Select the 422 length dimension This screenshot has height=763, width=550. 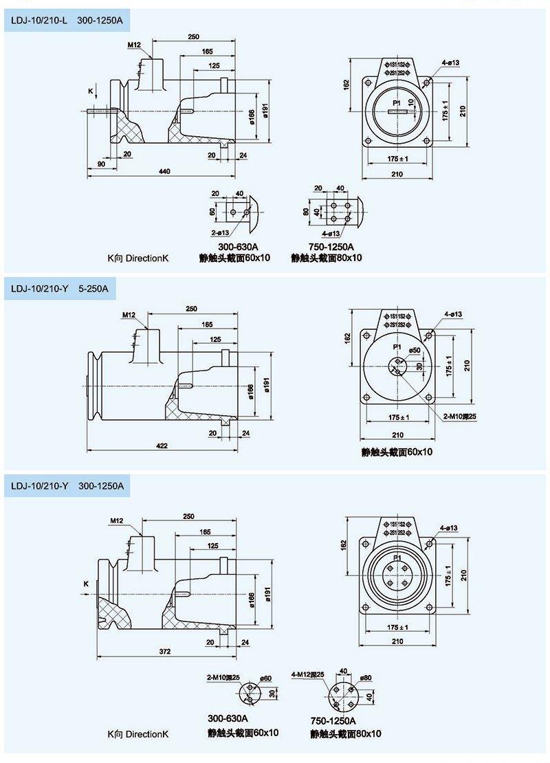(162, 445)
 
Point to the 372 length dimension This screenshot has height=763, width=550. (164, 651)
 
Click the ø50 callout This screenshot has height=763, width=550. (415, 350)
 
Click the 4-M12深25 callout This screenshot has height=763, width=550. (308, 674)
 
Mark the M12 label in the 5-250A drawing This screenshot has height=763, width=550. (129, 316)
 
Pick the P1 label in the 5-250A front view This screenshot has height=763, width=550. (397, 347)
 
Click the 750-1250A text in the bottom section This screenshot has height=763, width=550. (333, 721)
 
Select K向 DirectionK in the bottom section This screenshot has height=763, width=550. (137, 734)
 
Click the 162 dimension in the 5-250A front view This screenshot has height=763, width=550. (346, 338)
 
